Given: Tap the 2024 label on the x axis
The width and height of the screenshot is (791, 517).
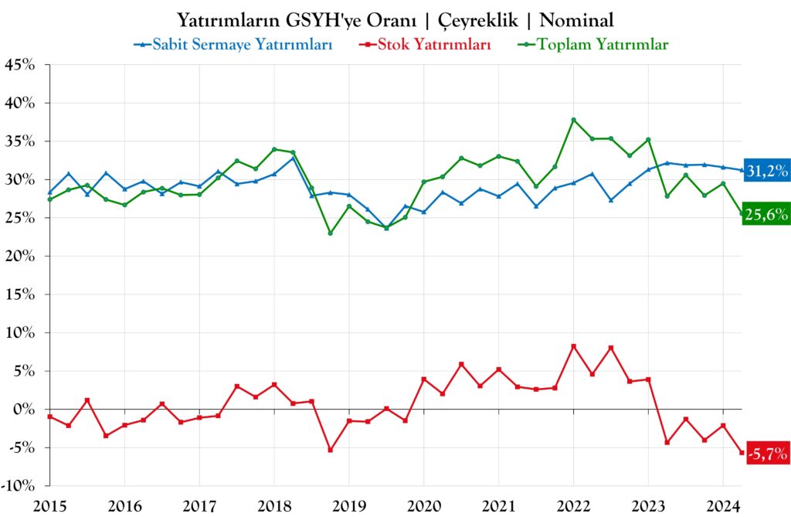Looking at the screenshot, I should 722,506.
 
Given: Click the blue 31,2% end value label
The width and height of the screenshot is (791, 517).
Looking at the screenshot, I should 766,171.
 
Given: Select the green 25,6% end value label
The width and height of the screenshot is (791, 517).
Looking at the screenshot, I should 766,216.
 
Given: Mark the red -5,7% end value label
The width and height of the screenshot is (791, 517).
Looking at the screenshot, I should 766,454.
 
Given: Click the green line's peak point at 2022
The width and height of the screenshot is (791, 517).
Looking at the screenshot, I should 573,120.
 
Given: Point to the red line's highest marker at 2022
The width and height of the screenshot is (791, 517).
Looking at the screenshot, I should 573,346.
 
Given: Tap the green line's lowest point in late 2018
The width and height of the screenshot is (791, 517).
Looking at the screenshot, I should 331,233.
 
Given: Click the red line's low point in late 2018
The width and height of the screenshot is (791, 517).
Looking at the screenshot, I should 331,450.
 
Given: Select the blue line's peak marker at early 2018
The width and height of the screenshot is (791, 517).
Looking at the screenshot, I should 293,158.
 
